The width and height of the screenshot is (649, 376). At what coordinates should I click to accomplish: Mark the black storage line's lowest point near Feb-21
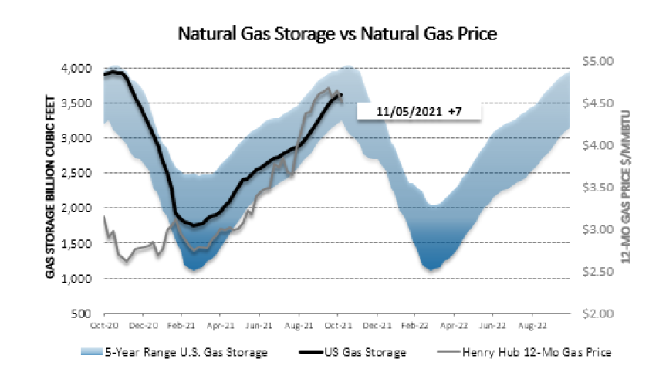(194, 225)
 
